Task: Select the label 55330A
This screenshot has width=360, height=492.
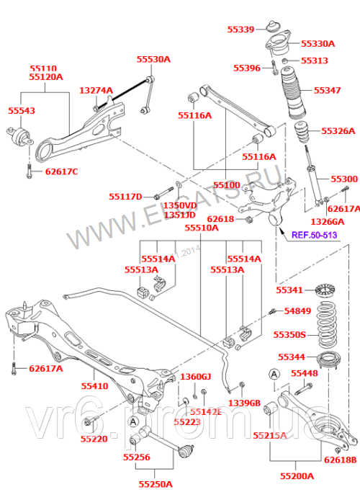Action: tap(318, 43)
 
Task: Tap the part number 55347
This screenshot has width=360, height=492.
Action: tap(327, 91)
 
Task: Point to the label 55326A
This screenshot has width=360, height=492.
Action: tap(338, 131)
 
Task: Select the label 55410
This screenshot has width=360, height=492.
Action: tap(94, 386)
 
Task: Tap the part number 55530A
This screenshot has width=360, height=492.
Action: tap(154, 59)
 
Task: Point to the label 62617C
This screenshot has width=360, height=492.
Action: tap(61, 171)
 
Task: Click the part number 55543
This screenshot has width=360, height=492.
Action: tap(22, 111)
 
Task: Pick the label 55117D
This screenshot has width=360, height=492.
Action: tap(126, 196)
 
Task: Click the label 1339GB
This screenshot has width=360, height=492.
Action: tap(246, 403)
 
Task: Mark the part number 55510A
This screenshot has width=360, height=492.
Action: tap(202, 228)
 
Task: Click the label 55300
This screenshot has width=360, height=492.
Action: tap(343, 178)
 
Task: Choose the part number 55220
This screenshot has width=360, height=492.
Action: tap(94, 438)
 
